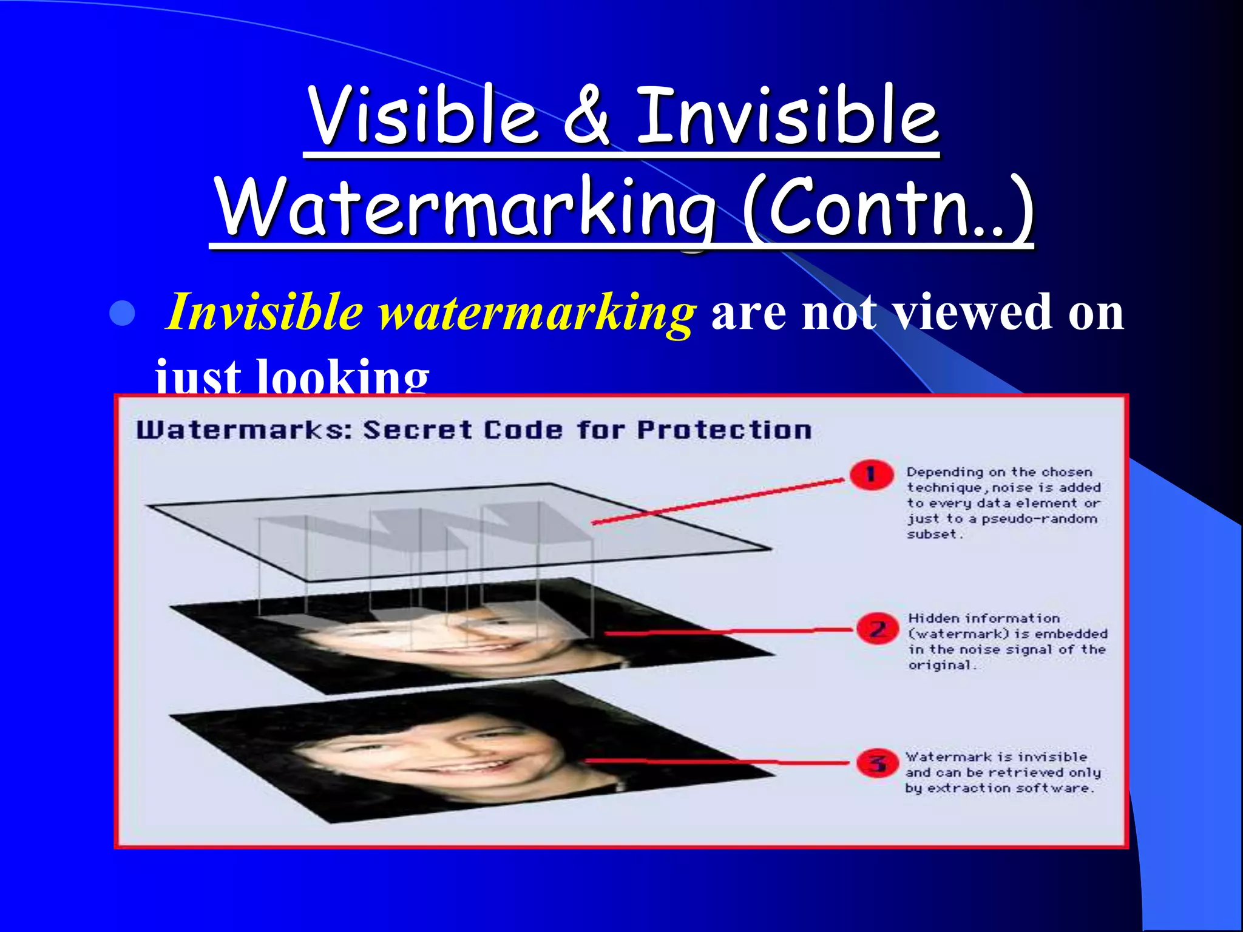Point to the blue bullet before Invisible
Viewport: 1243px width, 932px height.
[123, 314]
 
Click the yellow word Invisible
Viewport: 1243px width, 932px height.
[265, 312]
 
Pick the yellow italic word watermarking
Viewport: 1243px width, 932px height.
[537, 313]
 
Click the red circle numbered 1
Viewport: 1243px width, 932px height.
[872, 474]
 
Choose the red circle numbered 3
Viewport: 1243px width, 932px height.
[878, 763]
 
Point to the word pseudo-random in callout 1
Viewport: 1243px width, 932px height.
[1039, 519]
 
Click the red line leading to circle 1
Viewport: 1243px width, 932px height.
[716, 501]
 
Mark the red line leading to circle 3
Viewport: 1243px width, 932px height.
[716, 761]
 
